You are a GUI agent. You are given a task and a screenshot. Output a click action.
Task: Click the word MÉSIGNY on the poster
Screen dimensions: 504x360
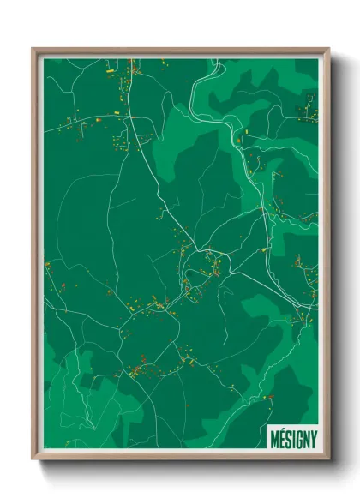[x=292, y=435]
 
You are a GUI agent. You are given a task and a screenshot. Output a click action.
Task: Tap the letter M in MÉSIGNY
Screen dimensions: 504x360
[x=273, y=435]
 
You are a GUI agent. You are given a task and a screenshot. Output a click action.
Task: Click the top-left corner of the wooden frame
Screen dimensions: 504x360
[x=33, y=49]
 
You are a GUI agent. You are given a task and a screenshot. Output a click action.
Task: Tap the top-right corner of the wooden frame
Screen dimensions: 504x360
[x=327, y=49]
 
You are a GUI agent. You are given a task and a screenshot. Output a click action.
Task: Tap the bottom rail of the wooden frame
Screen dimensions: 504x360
[x=180, y=459]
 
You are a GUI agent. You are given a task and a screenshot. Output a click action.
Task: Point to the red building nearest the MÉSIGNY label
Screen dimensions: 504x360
[x=269, y=396]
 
